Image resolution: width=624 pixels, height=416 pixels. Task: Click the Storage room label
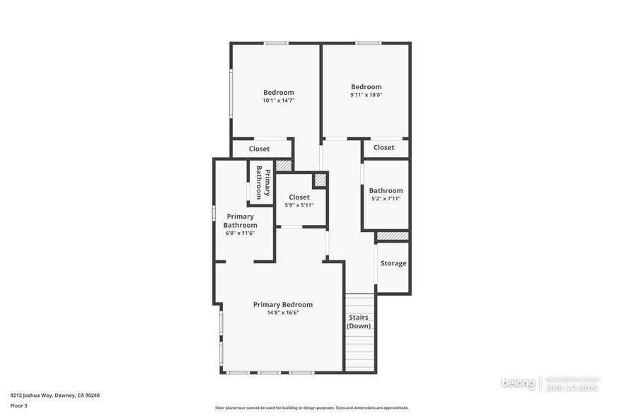click(393, 263)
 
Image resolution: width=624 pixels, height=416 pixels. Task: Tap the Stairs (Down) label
click(359, 322)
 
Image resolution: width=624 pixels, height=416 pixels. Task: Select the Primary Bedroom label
click(283, 305)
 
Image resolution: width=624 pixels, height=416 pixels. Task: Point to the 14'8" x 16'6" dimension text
click(283, 313)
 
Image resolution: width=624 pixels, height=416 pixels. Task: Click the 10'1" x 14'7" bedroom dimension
click(279, 100)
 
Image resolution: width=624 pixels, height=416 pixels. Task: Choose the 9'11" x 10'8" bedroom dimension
click(366, 95)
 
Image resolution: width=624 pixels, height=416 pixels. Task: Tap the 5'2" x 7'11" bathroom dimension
click(386, 199)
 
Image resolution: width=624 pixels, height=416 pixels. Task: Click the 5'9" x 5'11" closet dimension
click(299, 205)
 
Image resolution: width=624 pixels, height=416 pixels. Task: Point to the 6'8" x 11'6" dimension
click(241, 233)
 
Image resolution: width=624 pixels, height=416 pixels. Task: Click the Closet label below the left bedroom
click(259, 149)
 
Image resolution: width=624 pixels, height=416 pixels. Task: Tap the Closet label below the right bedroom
click(384, 148)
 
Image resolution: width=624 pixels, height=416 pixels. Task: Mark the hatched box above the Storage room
click(393, 236)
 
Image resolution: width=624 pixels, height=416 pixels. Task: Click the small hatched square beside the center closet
click(320, 180)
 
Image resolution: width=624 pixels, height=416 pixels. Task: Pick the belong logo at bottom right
click(519, 383)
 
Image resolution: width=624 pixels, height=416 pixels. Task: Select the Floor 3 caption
click(19, 405)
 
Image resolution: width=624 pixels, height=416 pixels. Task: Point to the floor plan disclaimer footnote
click(312, 408)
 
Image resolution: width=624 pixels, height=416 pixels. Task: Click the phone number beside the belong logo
click(573, 388)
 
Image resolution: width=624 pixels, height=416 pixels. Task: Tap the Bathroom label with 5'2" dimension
click(386, 190)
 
